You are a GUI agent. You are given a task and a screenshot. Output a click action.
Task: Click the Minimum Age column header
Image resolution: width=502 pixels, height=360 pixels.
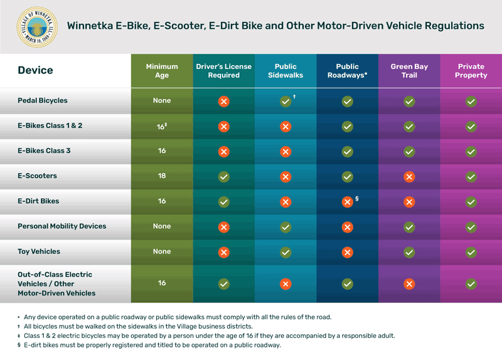[x=162, y=71]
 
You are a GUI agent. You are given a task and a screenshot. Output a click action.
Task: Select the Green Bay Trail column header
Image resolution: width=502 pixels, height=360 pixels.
[x=409, y=71]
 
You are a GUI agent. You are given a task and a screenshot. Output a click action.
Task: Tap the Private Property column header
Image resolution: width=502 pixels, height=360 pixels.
[x=471, y=71]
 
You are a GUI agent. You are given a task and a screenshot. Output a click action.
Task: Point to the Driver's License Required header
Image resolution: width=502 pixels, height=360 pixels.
[x=223, y=71]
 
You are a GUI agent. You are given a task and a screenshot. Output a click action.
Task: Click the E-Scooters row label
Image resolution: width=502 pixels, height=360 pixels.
[x=37, y=176]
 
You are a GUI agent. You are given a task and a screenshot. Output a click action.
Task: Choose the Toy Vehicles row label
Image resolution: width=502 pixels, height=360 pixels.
[x=39, y=251]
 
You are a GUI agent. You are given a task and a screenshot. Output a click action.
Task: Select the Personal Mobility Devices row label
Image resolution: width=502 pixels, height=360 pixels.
[x=62, y=226]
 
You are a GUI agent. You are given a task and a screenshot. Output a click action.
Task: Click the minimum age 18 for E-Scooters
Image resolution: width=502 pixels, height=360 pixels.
[x=162, y=176]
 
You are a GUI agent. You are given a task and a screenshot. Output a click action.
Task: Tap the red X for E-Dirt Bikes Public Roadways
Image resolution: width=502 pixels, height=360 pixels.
[x=347, y=202]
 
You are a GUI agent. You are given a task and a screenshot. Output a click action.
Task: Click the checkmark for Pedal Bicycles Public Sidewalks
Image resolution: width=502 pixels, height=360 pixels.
[x=286, y=101]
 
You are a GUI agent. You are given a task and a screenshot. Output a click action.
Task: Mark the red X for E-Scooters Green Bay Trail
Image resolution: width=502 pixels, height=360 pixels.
[x=409, y=177]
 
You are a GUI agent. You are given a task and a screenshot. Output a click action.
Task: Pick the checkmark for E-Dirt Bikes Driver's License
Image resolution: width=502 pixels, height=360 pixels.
[x=223, y=202]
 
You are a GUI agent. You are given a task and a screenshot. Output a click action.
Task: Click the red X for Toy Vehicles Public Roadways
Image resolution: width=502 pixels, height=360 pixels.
[x=347, y=252]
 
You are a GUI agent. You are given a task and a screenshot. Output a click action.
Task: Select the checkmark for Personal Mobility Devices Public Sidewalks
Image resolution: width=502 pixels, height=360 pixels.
[x=286, y=227]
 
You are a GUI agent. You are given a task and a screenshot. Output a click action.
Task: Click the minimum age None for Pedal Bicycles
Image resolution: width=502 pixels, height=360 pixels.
[x=162, y=100]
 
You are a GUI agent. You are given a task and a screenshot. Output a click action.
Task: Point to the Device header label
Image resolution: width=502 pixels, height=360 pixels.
[x=35, y=70]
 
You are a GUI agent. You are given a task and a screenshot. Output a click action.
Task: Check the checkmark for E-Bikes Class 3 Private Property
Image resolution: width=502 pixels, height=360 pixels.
[x=471, y=152]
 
